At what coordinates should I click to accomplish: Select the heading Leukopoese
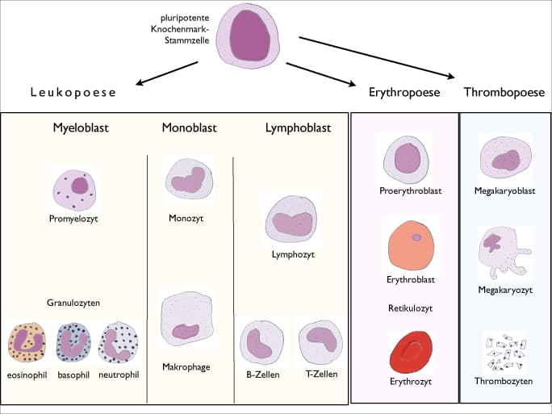coord(73,92)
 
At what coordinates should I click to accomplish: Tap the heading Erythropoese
coord(404,92)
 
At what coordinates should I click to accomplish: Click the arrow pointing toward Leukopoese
coord(169,74)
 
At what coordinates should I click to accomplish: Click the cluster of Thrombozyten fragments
coord(504,352)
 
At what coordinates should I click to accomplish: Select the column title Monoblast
coord(189,128)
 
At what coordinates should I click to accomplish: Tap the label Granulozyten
coord(73,303)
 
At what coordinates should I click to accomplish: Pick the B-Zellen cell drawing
coord(261,342)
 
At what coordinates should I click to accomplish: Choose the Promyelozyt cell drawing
coord(73,188)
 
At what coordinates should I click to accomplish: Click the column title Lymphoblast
coord(298,128)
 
